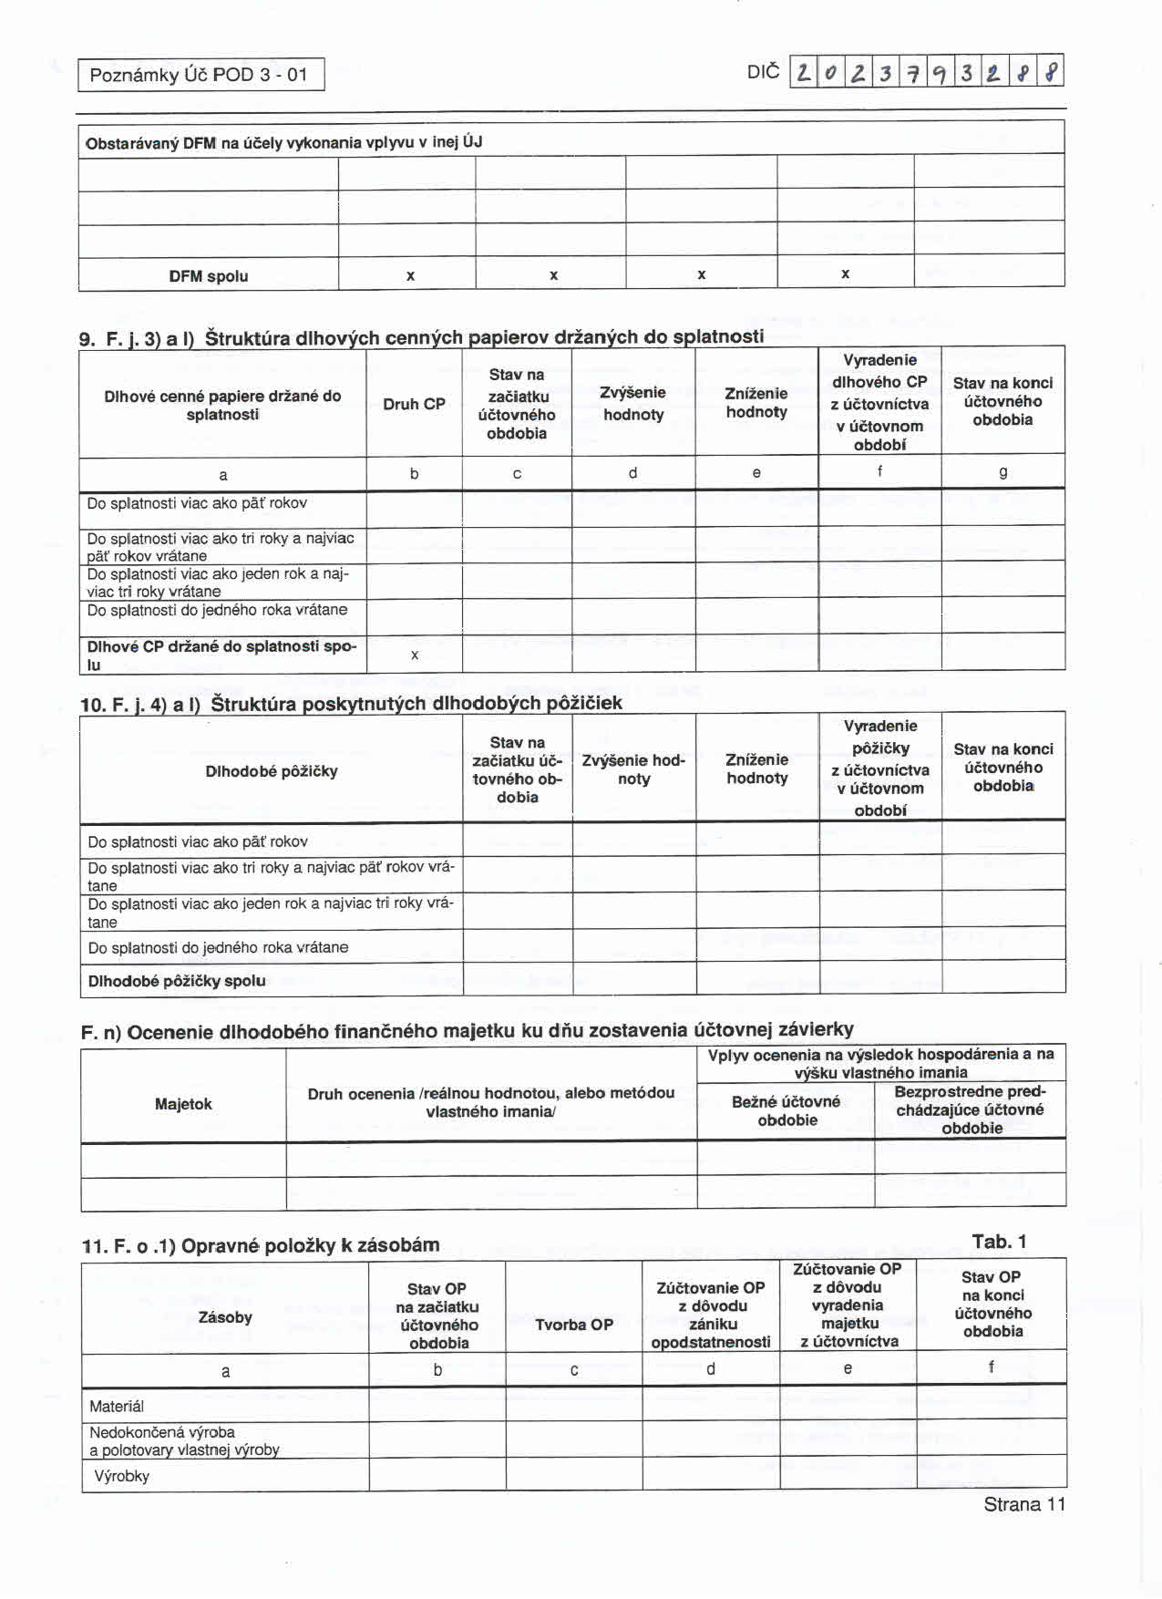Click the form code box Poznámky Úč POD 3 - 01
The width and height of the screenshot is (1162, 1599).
click(x=201, y=75)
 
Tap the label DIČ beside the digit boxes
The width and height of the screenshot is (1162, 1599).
click(x=763, y=71)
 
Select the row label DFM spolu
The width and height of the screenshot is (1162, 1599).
click(x=208, y=276)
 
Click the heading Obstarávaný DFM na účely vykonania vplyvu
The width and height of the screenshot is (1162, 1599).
click(x=283, y=142)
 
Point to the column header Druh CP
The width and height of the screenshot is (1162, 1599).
click(x=414, y=404)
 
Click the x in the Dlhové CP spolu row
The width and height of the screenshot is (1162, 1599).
click(x=415, y=655)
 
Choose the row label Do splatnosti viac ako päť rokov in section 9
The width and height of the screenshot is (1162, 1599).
click(x=197, y=503)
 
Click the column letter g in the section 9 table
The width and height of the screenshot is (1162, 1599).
click(x=1003, y=472)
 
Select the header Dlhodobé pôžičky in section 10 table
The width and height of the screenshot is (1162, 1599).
click(x=272, y=771)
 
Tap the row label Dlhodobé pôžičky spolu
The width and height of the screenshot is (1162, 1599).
click(x=177, y=981)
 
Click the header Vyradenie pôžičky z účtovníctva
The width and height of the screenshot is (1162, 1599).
click(x=880, y=768)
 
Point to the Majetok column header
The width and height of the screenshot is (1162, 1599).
click(x=183, y=1104)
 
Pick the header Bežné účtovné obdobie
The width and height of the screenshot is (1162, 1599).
click(x=787, y=1110)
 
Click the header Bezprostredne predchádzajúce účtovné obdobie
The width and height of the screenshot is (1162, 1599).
click(x=971, y=1109)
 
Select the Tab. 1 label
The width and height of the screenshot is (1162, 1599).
click(x=999, y=1242)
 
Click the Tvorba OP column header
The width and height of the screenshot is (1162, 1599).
click(x=574, y=1325)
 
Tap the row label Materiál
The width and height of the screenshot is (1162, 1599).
click(x=117, y=1406)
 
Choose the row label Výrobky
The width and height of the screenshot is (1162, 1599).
click(x=122, y=1476)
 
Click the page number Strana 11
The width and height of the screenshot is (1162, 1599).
click(x=1023, y=1505)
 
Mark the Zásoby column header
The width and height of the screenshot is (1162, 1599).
click(x=225, y=1317)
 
